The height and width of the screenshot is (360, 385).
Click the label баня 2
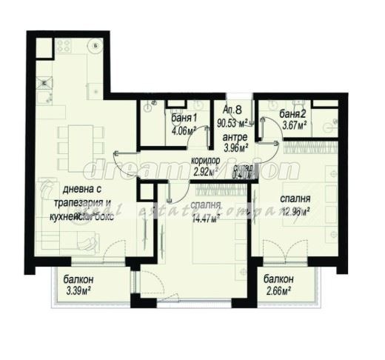point(294,114)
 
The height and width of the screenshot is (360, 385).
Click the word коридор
point(204,161)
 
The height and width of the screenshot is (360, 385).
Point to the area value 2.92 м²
point(204,172)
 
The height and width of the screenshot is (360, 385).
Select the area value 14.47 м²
point(206,220)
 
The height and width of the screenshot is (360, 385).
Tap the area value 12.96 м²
point(295,210)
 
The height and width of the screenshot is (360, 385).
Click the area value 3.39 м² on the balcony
point(79,290)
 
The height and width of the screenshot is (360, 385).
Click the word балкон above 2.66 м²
point(278,279)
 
